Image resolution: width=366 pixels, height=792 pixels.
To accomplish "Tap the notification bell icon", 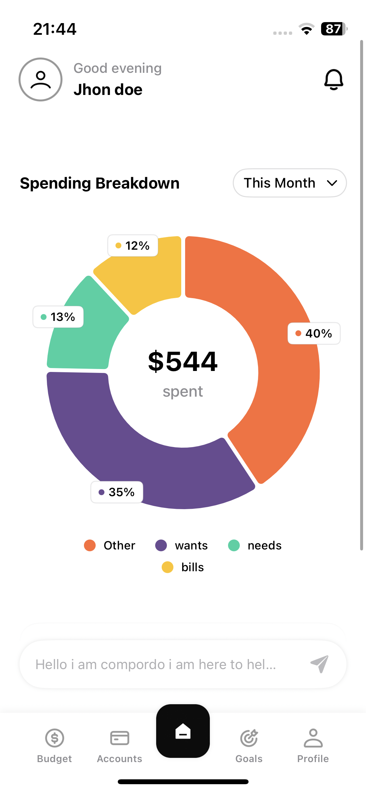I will coord(333,79).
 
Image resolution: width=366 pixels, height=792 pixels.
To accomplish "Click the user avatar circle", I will coord(41,79).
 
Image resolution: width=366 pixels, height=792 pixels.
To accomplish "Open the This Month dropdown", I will coord(290,183).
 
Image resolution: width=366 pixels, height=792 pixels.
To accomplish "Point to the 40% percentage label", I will coord(314,333).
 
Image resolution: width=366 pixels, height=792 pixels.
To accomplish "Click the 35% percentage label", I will coord(117,492).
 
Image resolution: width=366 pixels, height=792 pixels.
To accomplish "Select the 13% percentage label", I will coord(58,317).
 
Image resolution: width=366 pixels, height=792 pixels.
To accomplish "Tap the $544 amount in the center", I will coord(183,361).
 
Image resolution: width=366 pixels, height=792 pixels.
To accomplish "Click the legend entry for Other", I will coord(110,545).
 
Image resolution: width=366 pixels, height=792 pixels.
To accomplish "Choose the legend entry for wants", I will coord(182,545).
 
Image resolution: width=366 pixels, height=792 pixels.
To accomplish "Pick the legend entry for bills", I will coord(183,567).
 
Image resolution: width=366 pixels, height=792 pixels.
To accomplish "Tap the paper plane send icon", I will coord(319,664).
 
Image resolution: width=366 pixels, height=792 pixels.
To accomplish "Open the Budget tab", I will coord(54,745).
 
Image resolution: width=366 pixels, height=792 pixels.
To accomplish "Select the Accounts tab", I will coord(119,745).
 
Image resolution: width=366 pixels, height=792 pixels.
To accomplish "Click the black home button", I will coord(183,731).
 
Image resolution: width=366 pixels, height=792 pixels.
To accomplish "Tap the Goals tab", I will coord(249,745).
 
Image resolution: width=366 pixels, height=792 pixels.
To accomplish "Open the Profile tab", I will coord(313,745).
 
